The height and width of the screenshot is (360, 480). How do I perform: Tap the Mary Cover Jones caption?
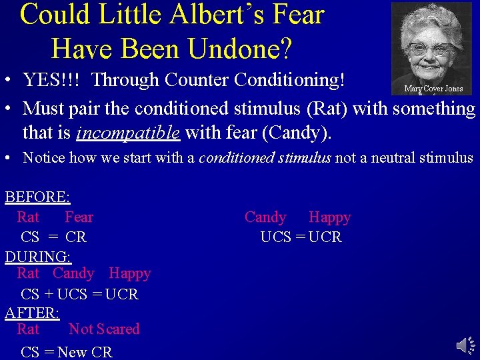click(x=433, y=89)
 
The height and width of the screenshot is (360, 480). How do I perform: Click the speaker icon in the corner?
click(x=465, y=345)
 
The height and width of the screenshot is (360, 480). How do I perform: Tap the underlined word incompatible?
click(x=128, y=133)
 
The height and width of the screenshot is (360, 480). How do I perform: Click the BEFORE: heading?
click(x=37, y=197)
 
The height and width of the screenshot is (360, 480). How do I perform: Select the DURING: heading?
click(x=38, y=256)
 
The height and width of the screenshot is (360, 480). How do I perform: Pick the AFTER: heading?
click(x=32, y=313)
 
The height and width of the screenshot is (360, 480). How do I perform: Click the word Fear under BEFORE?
click(x=79, y=217)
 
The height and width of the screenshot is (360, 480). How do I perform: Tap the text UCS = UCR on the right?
click(x=301, y=237)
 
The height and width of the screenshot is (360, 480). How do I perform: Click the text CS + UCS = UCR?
click(x=79, y=294)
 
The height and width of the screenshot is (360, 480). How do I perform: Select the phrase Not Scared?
click(x=104, y=329)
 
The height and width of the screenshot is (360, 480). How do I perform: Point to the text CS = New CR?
click(x=67, y=352)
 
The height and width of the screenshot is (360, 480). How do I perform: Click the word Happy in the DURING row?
click(x=130, y=273)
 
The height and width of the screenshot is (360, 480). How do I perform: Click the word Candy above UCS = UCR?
click(x=265, y=217)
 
